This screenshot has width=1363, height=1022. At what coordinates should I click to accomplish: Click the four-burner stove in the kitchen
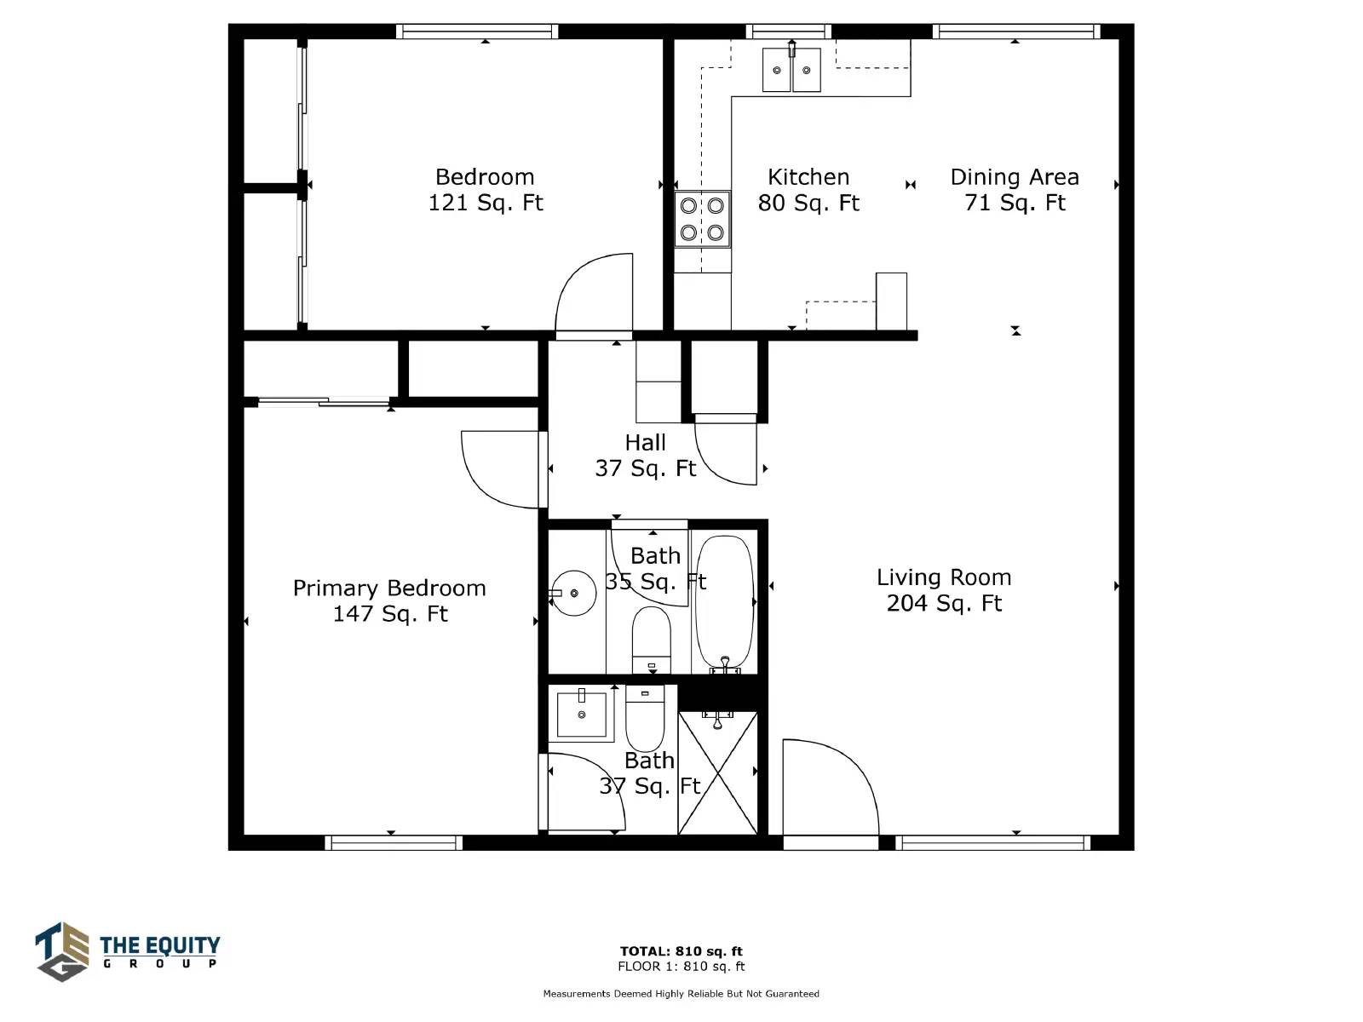702,219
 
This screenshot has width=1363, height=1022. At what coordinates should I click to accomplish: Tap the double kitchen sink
791,70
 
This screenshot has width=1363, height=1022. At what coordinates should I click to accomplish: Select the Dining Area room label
1015,190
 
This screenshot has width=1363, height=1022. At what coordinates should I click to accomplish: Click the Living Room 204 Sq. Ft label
944,590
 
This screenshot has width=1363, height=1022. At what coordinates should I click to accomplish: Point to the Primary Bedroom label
389,600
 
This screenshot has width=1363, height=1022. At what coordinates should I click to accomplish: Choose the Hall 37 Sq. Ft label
646,456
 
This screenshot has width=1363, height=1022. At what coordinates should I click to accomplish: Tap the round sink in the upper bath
574,594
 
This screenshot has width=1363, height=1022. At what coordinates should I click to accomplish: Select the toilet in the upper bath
652,639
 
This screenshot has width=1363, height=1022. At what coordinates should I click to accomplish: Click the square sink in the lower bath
581,715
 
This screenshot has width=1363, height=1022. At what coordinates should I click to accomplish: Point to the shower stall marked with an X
717,773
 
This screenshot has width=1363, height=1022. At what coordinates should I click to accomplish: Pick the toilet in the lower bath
645,719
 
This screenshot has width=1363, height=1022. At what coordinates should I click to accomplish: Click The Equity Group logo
127,951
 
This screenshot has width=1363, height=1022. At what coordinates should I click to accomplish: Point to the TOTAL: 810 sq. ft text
681,951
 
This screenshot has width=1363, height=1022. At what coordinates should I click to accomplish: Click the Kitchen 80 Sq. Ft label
808,190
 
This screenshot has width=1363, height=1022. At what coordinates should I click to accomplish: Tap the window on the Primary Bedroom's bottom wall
394,842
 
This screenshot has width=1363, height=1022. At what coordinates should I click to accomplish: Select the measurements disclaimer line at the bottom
681,993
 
